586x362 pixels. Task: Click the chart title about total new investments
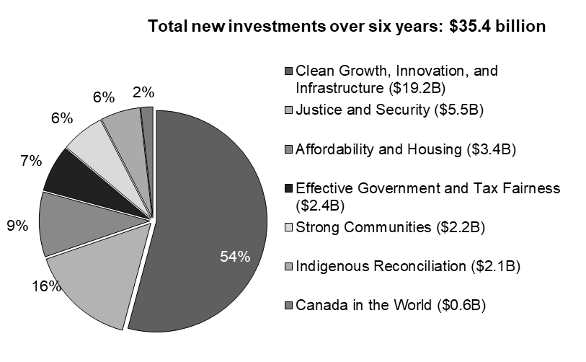346,27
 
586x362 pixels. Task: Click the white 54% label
235,257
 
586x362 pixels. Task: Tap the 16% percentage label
46,286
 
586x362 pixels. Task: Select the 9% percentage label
17,226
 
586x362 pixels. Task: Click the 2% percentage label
143,92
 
